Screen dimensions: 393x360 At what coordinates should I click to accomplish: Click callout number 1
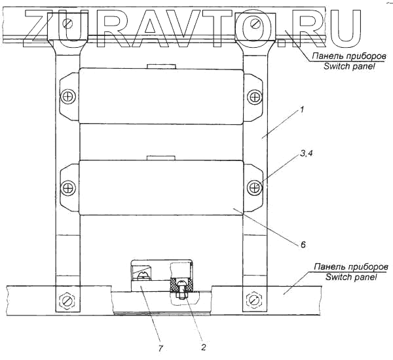(x=301, y=112)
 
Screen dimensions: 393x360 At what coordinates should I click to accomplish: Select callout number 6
(x=303, y=245)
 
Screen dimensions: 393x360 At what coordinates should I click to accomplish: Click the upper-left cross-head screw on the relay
(x=68, y=98)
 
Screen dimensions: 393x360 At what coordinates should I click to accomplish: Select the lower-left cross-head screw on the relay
(x=68, y=188)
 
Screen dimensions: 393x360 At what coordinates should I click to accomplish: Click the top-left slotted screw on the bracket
(x=67, y=24)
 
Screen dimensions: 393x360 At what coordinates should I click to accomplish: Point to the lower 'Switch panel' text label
(x=350, y=278)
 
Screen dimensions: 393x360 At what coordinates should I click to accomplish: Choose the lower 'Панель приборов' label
(x=351, y=268)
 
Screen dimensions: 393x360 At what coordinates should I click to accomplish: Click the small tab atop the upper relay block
(x=160, y=66)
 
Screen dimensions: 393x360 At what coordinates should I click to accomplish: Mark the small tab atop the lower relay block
(x=160, y=157)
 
